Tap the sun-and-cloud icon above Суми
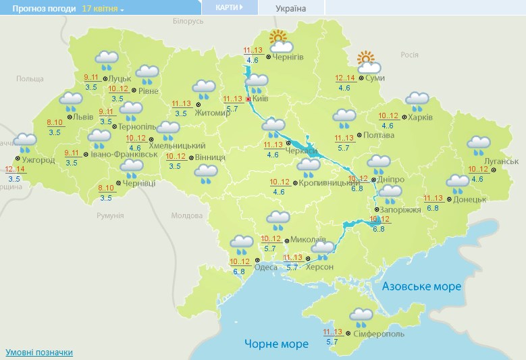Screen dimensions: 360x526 tap(369, 62)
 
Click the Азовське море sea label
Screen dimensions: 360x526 tap(421, 286)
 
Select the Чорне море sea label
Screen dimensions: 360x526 tap(276, 344)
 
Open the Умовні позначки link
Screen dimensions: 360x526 tap(38, 353)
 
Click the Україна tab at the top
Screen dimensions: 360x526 tap(291, 9)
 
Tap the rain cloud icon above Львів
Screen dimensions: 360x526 tap(70, 102)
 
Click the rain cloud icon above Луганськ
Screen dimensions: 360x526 tap(479, 145)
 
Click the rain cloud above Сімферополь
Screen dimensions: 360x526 tap(362, 317)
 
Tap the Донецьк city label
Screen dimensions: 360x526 tap(469, 199)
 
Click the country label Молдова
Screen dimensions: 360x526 tap(186, 215)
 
